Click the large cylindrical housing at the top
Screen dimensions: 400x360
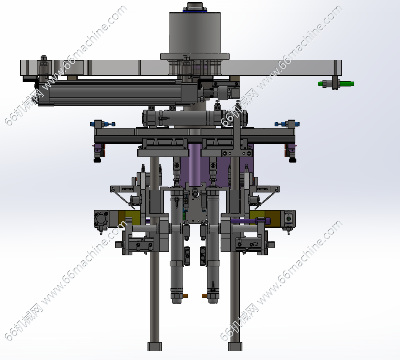coord(195,32)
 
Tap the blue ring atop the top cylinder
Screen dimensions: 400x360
coord(195,10)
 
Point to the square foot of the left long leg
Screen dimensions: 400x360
coord(155,347)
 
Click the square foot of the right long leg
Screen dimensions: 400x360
coord(235,347)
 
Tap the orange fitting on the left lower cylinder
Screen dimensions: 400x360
coord(186,296)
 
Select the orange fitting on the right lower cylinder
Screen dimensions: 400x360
coord(204,296)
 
